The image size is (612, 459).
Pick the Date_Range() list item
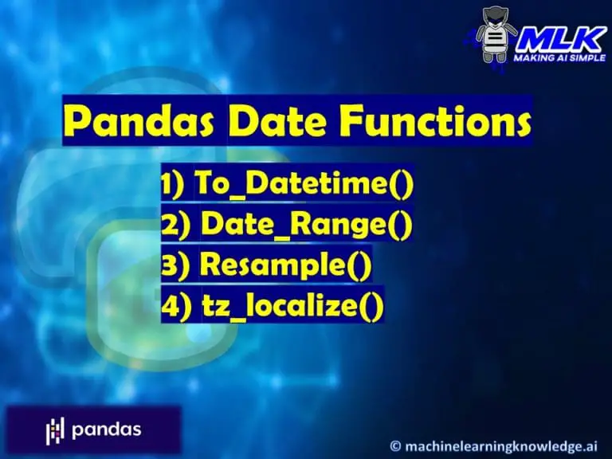(x=307, y=226)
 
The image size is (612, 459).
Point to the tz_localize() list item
(x=289, y=305)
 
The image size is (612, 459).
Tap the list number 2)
(x=175, y=226)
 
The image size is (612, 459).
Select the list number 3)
(x=175, y=265)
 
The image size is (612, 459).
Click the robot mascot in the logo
(x=496, y=34)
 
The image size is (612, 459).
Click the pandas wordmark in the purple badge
(x=106, y=430)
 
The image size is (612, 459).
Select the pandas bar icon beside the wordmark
(x=54, y=430)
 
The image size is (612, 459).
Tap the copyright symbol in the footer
(x=396, y=443)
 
